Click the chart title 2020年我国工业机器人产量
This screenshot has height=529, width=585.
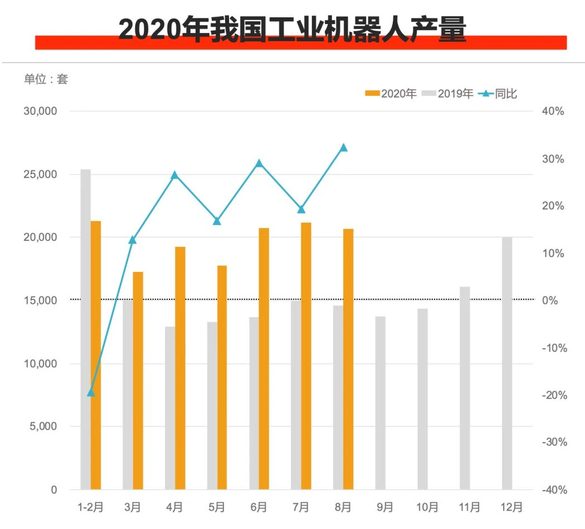pos(292,29)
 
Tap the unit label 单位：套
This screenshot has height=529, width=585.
pos(46,79)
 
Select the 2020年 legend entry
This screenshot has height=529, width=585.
pos(391,93)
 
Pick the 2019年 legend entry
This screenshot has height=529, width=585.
pos(447,93)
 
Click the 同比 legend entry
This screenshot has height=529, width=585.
pos(498,93)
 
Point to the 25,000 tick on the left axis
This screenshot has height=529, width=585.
pos(40,174)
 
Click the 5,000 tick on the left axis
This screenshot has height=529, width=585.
pos(43,426)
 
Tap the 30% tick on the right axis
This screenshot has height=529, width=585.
pos(553,159)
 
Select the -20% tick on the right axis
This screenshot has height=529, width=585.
pos(554,395)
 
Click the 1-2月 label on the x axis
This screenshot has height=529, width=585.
pos(90,507)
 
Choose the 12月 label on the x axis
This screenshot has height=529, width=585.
pos(511,507)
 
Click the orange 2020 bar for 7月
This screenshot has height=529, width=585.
pos(306,356)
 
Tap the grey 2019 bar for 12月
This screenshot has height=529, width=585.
pos(507,363)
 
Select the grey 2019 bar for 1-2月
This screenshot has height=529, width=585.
pos(85,329)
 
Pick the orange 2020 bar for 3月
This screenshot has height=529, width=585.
pos(138,381)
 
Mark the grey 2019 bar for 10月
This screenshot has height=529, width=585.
pos(423,399)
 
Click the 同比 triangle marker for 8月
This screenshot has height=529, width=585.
pos(344,148)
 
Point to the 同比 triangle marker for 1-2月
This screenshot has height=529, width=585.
pos(91,392)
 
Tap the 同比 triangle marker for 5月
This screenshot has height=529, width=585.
pos(217,221)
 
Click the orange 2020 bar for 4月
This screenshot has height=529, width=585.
pos(180,368)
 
